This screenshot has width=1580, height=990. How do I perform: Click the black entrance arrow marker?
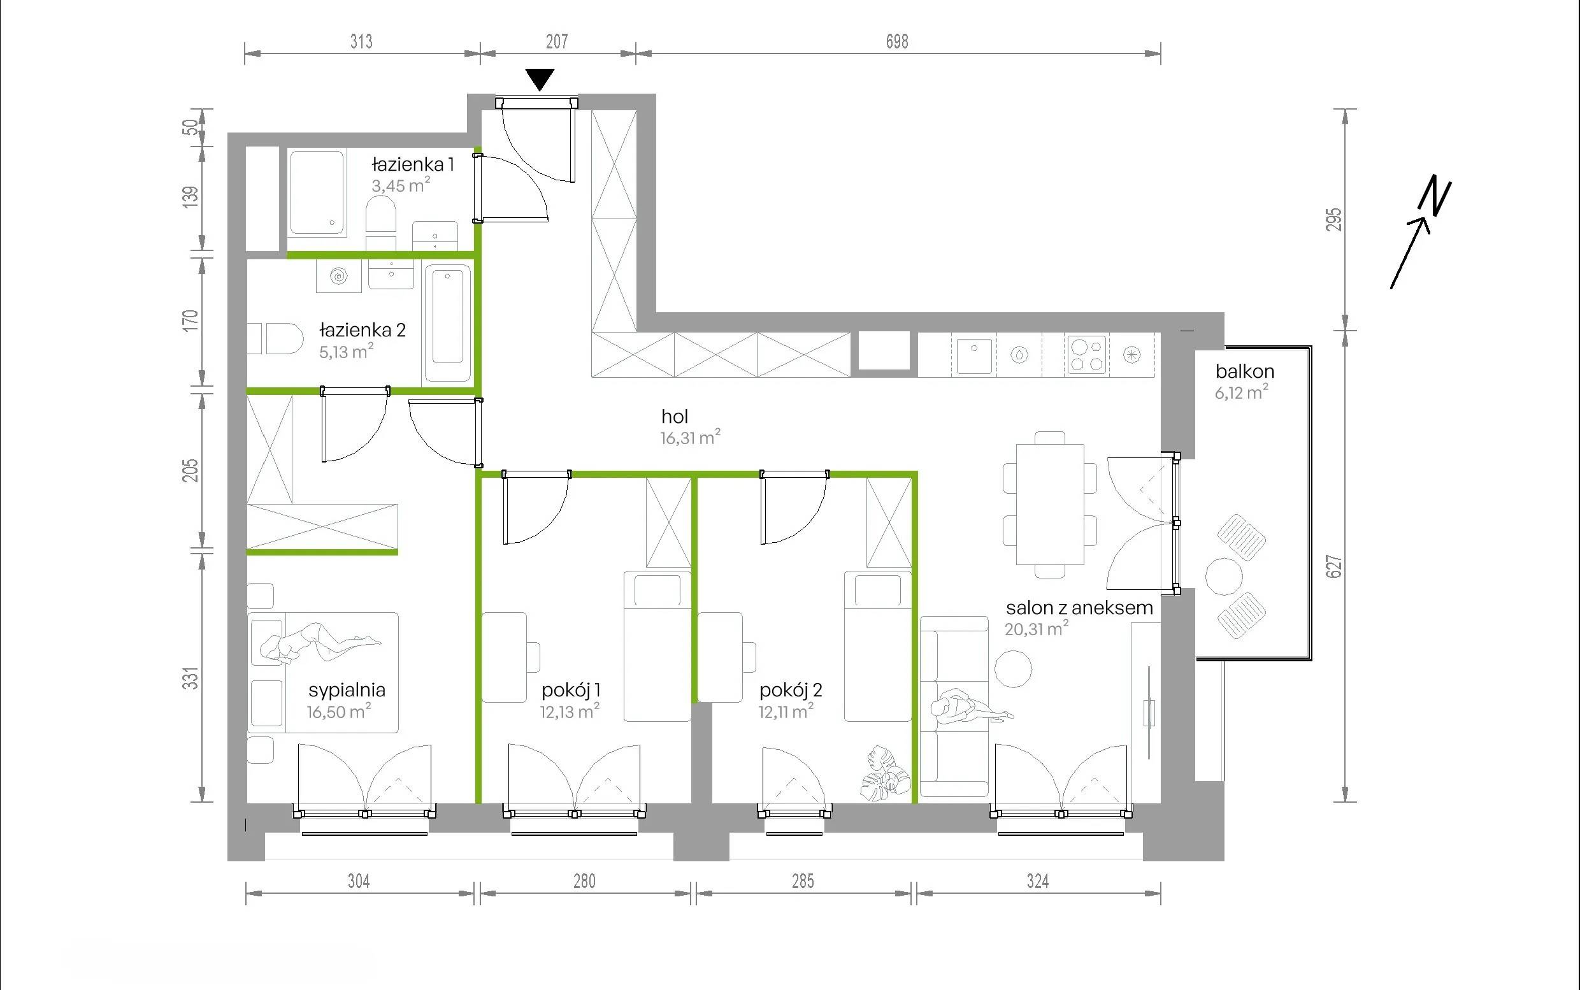540,79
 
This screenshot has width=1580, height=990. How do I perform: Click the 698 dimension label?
897,41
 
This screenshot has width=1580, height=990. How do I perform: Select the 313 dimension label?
361,41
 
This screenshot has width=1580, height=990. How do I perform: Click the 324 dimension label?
1038,881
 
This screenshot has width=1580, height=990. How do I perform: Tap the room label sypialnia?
347,689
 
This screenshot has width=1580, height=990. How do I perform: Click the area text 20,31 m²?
1037,629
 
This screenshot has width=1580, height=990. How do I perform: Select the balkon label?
1245,371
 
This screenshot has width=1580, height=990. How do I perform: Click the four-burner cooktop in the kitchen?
1086,355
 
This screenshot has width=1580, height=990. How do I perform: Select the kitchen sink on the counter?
975,355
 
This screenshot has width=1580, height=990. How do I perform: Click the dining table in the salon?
1051,504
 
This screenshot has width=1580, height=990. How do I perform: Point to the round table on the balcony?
1224,576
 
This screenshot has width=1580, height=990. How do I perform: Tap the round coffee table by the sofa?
1014,669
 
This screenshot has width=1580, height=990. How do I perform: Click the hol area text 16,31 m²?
691,438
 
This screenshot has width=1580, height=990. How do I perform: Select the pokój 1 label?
571,689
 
